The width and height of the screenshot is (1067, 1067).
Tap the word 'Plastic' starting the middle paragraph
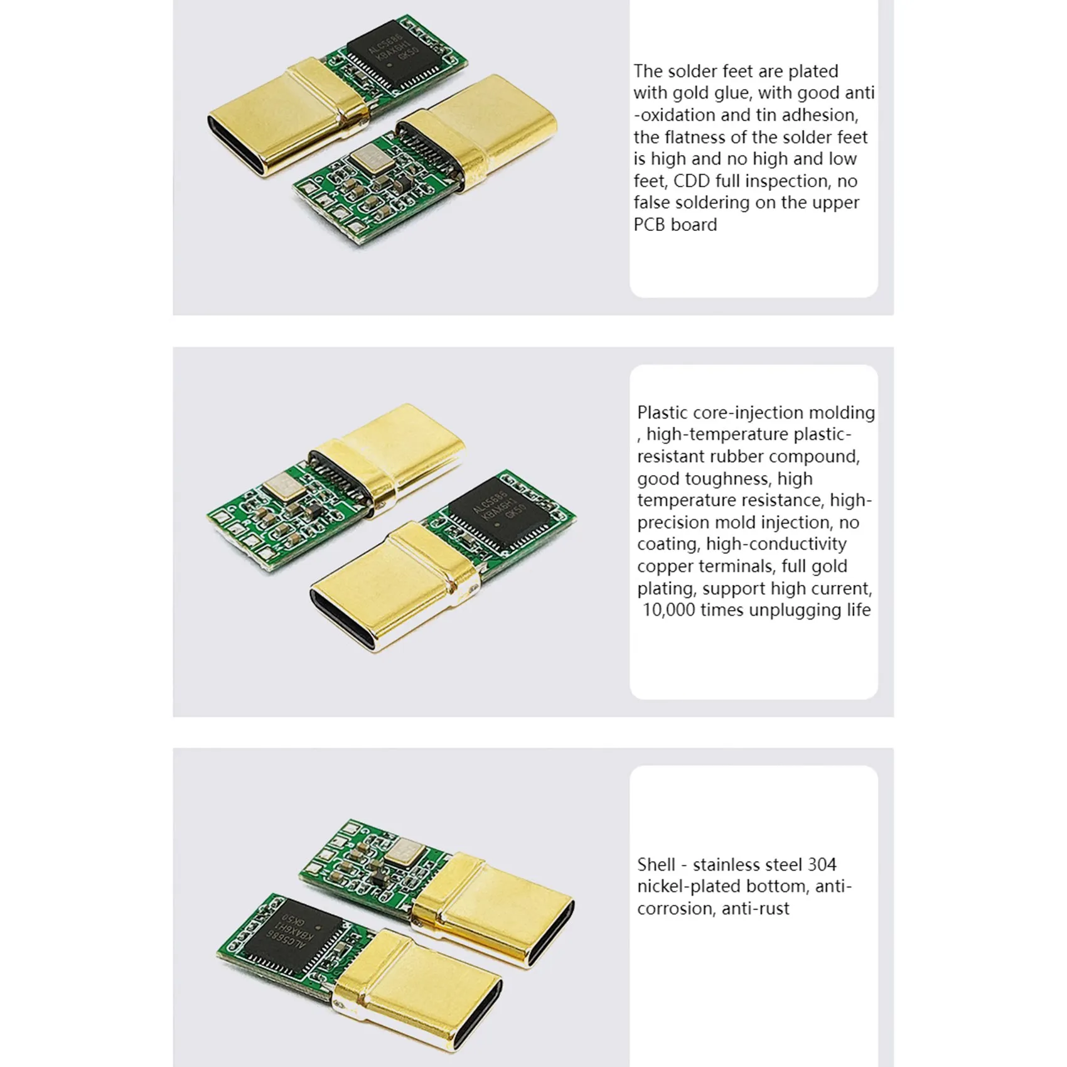662,412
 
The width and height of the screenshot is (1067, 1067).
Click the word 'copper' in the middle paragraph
665,566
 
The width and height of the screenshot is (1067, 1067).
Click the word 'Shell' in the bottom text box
656,865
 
